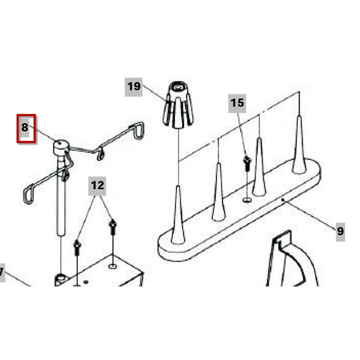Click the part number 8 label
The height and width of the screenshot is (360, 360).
(25, 128)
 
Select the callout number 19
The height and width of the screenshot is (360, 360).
(134, 87)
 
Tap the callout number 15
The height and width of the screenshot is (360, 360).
(237, 103)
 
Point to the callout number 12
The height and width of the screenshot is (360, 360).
(97, 186)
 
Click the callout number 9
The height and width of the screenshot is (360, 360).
(340, 231)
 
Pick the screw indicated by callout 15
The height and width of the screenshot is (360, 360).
(247, 164)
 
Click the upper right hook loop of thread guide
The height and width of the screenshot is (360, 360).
(139, 131)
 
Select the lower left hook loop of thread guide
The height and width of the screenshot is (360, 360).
(29, 194)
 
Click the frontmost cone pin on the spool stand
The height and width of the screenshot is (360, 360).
(178, 215)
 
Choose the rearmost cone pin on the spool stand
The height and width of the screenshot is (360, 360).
(299, 145)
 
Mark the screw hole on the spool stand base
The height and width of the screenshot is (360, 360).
(247, 200)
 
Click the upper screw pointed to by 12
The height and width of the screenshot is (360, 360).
(113, 227)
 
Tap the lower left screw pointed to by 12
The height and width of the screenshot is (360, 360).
(77, 247)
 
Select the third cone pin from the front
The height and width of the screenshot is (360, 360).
(259, 167)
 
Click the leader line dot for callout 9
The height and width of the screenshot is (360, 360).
(283, 200)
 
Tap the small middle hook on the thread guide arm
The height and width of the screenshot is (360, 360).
(100, 154)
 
